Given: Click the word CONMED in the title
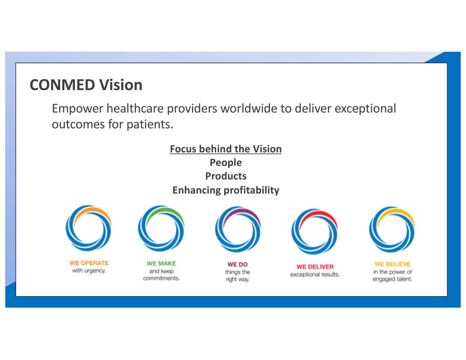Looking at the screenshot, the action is click(x=62, y=85).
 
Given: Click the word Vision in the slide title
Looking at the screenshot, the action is click(x=121, y=85).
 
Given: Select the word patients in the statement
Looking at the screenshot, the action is click(x=150, y=124).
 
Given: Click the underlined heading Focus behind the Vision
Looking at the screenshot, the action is click(x=226, y=149).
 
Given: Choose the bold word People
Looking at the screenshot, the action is click(x=226, y=163).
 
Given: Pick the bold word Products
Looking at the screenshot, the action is click(x=226, y=176).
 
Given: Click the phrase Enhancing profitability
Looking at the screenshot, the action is click(x=226, y=190).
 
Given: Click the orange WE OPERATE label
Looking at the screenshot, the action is click(x=89, y=263).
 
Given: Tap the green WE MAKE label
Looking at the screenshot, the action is click(x=161, y=264).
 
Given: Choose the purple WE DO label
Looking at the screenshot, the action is click(x=237, y=264).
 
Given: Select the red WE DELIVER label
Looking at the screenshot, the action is click(x=315, y=267).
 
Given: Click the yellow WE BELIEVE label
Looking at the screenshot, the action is click(x=392, y=264).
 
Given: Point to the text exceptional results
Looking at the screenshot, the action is click(x=315, y=275).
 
